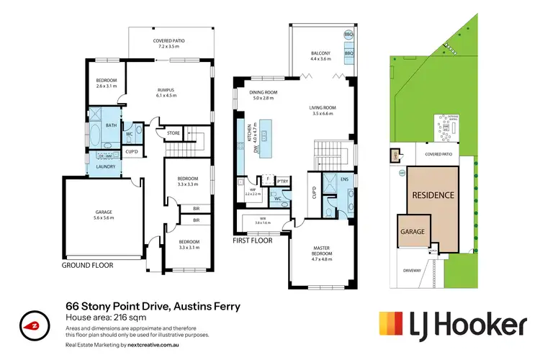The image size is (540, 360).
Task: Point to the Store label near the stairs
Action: [173, 132]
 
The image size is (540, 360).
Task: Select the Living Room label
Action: [324, 111]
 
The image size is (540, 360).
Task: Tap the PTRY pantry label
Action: [283, 181]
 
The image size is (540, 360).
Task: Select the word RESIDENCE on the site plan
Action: [432, 195]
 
